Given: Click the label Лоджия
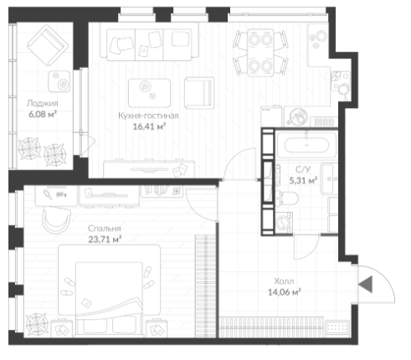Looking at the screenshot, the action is (43, 104).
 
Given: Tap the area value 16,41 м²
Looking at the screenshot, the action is (149, 126).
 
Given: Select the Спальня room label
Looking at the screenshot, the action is (105, 229).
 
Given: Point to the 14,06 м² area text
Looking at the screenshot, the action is (285, 292).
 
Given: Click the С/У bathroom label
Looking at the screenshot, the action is (303, 170).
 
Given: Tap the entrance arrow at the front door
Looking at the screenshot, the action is (366, 285).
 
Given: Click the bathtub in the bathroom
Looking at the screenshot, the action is (306, 145).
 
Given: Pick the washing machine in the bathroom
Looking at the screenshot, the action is (284, 223).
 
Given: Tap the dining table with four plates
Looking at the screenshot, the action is (260, 52).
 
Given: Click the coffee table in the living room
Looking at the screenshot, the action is (149, 93).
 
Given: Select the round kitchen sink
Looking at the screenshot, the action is (297, 116).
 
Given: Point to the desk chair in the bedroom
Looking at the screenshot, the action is (56, 219).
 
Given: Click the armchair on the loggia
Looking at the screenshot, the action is (48, 45).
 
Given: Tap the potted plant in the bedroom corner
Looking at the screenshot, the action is (36, 324).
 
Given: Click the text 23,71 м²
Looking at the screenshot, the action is (105, 239).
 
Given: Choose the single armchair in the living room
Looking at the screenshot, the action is (199, 93).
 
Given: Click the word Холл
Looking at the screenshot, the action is (284, 281).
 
